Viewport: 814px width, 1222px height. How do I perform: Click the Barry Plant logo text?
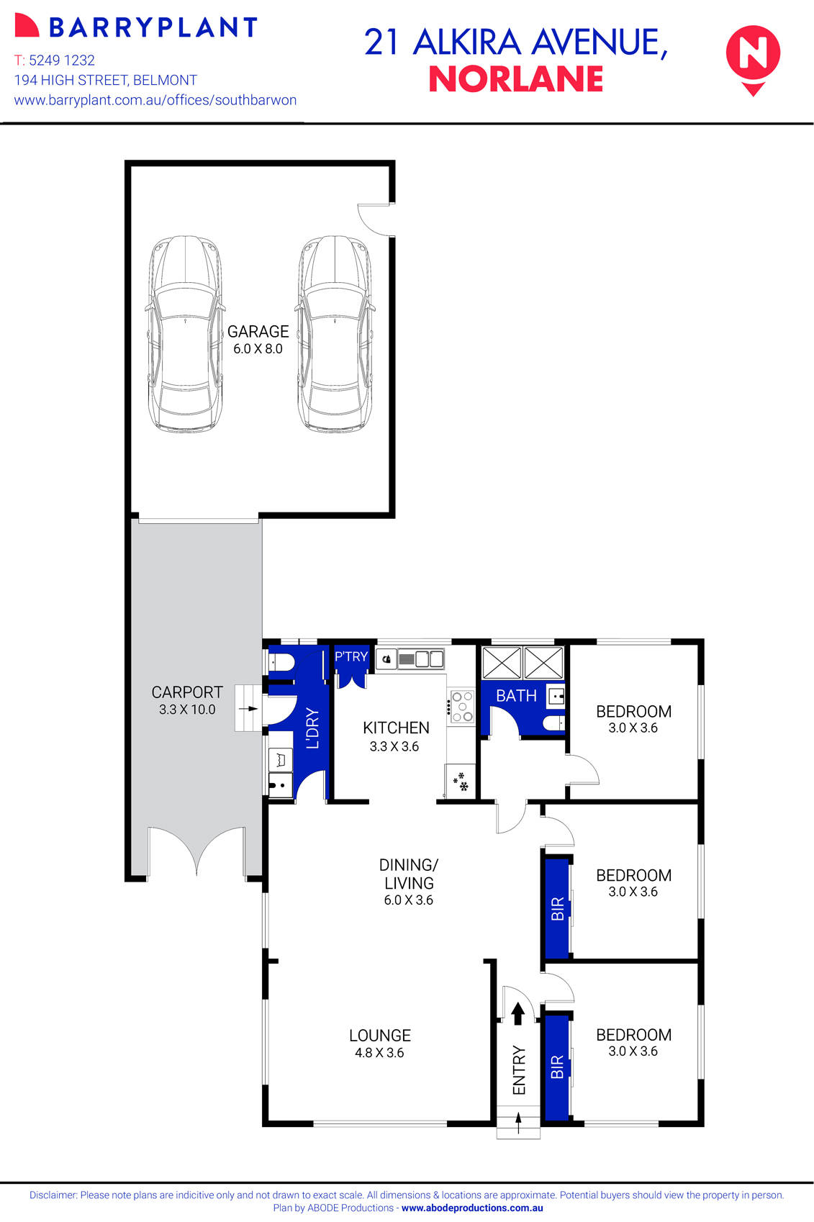click(x=153, y=27)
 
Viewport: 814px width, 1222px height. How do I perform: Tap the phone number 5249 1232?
click(x=61, y=60)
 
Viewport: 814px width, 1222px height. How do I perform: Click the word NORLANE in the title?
click(x=515, y=80)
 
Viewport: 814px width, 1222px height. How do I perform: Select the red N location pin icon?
click(x=753, y=58)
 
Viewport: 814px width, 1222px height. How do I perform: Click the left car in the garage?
click(x=185, y=334)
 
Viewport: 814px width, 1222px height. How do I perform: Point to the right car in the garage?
click(x=335, y=334)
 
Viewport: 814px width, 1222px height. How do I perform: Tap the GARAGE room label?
click(x=258, y=332)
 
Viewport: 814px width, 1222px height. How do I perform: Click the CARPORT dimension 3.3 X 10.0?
click(x=187, y=710)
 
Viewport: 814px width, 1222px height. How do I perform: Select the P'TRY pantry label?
click(x=351, y=656)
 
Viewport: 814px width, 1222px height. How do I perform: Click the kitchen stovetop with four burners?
click(x=461, y=707)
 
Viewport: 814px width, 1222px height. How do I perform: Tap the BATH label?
click(x=516, y=696)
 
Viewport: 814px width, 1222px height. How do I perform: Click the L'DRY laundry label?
click(x=312, y=728)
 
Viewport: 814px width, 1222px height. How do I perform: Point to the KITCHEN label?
click(x=396, y=728)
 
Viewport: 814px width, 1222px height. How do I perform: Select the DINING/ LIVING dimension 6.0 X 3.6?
click(x=408, y=900)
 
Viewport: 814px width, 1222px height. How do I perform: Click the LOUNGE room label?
click(x=380, y=1036)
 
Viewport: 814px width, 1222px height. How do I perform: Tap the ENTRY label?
click(x=519, y=1070)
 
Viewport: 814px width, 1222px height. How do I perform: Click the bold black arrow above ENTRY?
click(x=517, y=1013)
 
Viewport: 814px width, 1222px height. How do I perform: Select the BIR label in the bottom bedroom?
click(x=557, y=1067)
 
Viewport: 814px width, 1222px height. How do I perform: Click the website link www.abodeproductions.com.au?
click(x=472, y=1208)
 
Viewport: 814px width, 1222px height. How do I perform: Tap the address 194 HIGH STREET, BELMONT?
click(x=106, y=81)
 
